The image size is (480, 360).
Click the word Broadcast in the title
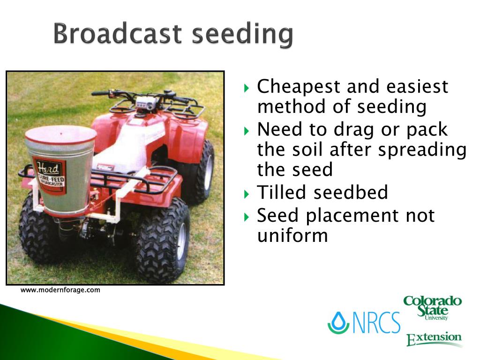[118, 33]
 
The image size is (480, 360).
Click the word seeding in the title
[242, 35]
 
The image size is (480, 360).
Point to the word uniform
[292, 235]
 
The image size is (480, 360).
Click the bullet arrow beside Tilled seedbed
[247, 194]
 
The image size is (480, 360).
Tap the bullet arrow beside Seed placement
[247, 217]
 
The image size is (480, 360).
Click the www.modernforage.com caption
[60, 290]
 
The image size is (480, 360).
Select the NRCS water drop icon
[338, 322]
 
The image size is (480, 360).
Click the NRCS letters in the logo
[376, 322]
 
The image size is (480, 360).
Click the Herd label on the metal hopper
[49, 175]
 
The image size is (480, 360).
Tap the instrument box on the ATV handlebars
[144, 102]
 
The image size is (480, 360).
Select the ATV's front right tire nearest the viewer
[162, 240]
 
